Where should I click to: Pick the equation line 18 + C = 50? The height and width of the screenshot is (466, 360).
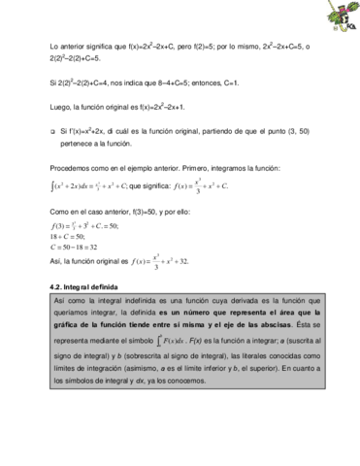(70, 236)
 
